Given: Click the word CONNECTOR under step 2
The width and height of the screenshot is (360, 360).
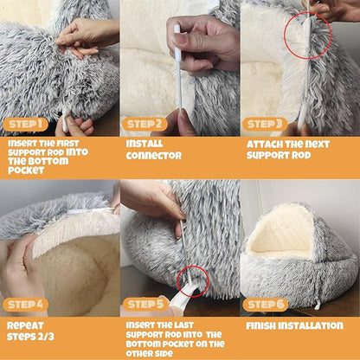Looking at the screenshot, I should pyautogui.click(x=154, y=156).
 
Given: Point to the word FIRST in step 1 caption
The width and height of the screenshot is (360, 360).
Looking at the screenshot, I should pyautogui.click(x=79, y=143).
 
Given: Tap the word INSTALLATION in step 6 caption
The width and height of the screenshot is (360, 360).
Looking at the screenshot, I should pyautogui.click(x=311, y=325).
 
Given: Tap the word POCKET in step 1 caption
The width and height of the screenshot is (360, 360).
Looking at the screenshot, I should pyautogui.click(x=25, y=170).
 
